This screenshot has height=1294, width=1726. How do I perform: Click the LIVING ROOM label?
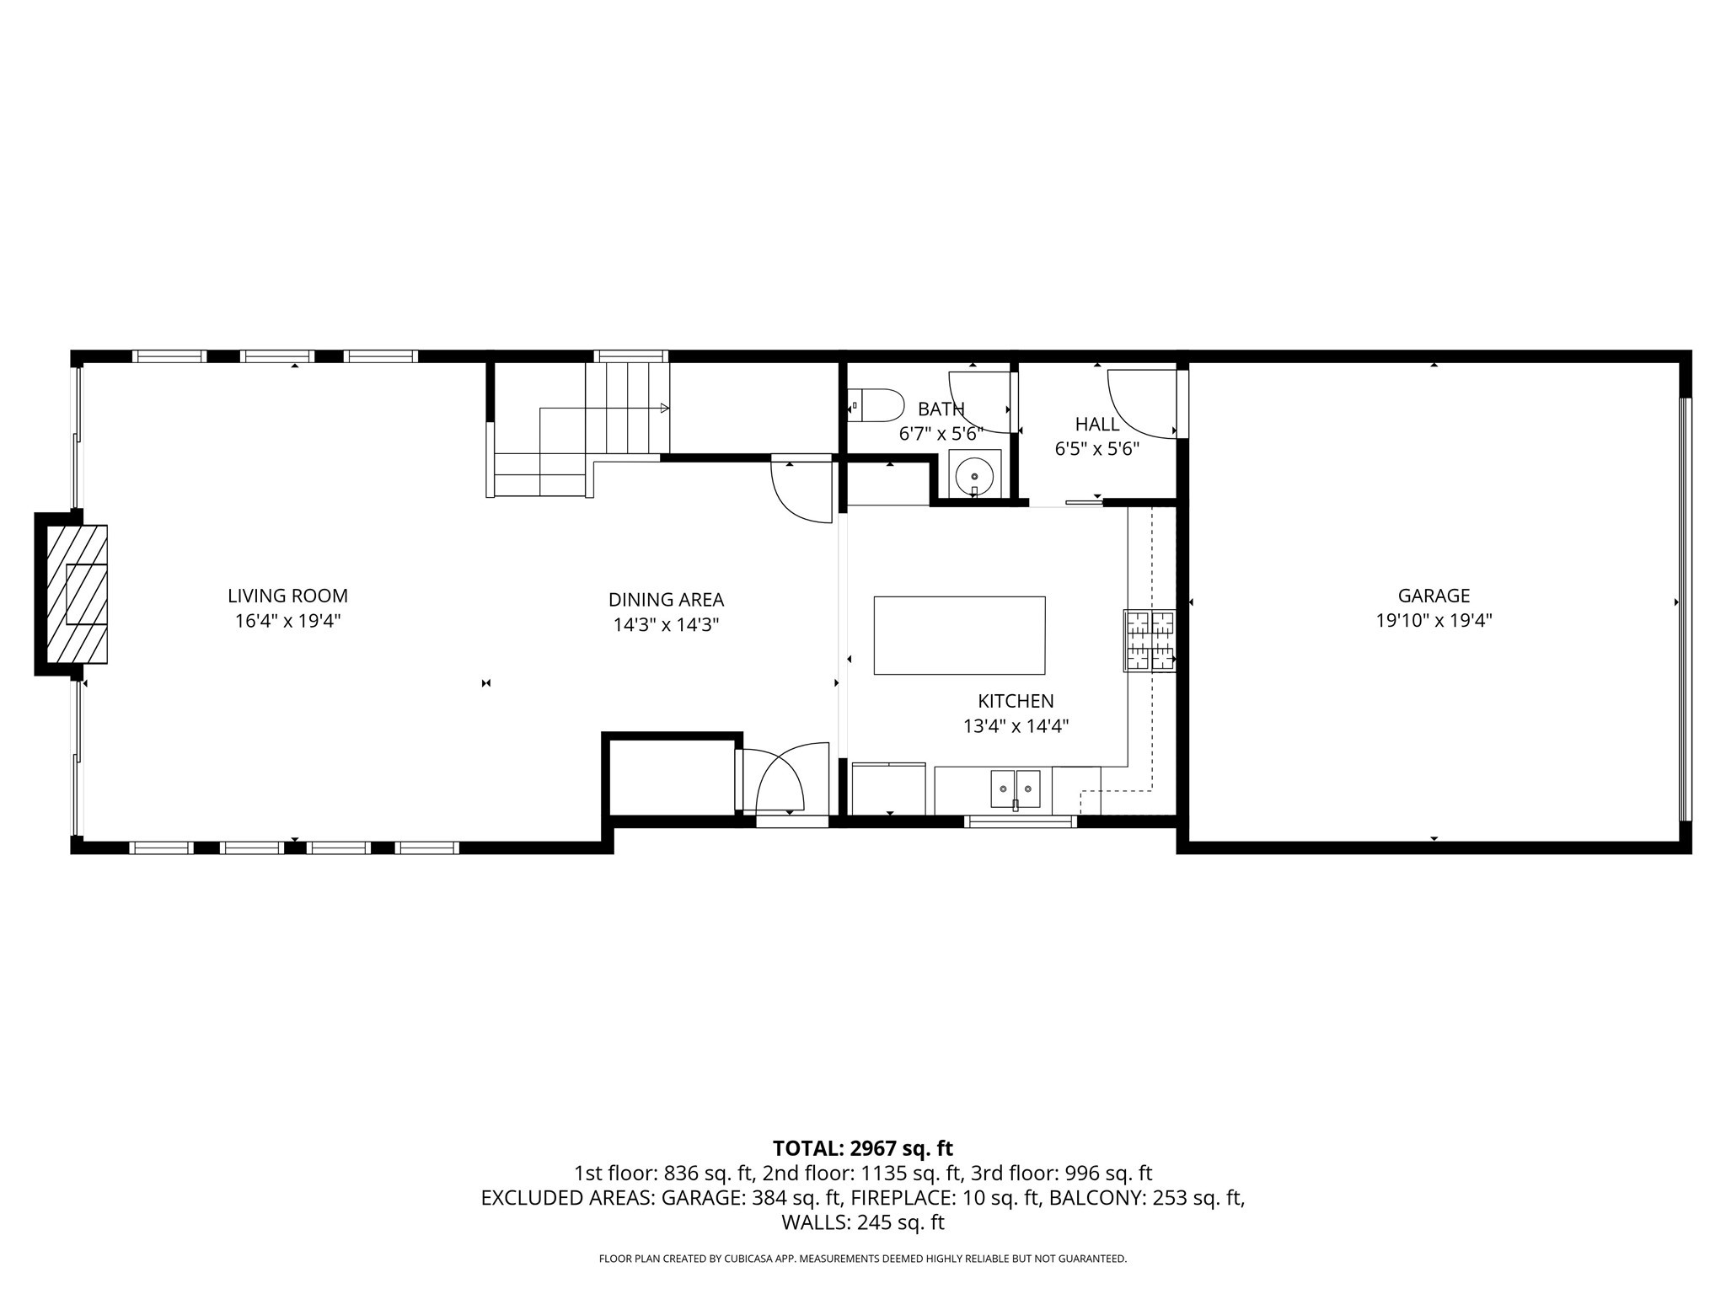pos(287,596)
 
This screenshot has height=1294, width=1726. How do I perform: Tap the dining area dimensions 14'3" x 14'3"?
pos(666,625)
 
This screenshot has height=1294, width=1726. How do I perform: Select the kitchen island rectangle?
pos(959,635)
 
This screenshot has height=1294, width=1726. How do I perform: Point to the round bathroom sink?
pos(975,476)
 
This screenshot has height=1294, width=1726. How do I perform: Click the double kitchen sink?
pos(1016,789)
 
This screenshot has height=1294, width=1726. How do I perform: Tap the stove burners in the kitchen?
pos(1150,641)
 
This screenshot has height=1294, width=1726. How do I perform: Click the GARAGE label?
pos(1434,596)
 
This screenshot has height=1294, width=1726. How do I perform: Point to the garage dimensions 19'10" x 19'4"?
pos(1434,621)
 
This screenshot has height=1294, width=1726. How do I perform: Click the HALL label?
pos(1096,424)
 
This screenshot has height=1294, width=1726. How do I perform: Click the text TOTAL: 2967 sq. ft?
pos(862,1148)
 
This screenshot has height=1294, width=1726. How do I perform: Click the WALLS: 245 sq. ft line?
pos(862,1222)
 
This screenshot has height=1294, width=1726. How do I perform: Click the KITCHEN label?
pos(1016,701)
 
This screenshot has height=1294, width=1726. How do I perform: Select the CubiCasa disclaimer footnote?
pos(862,1259)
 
